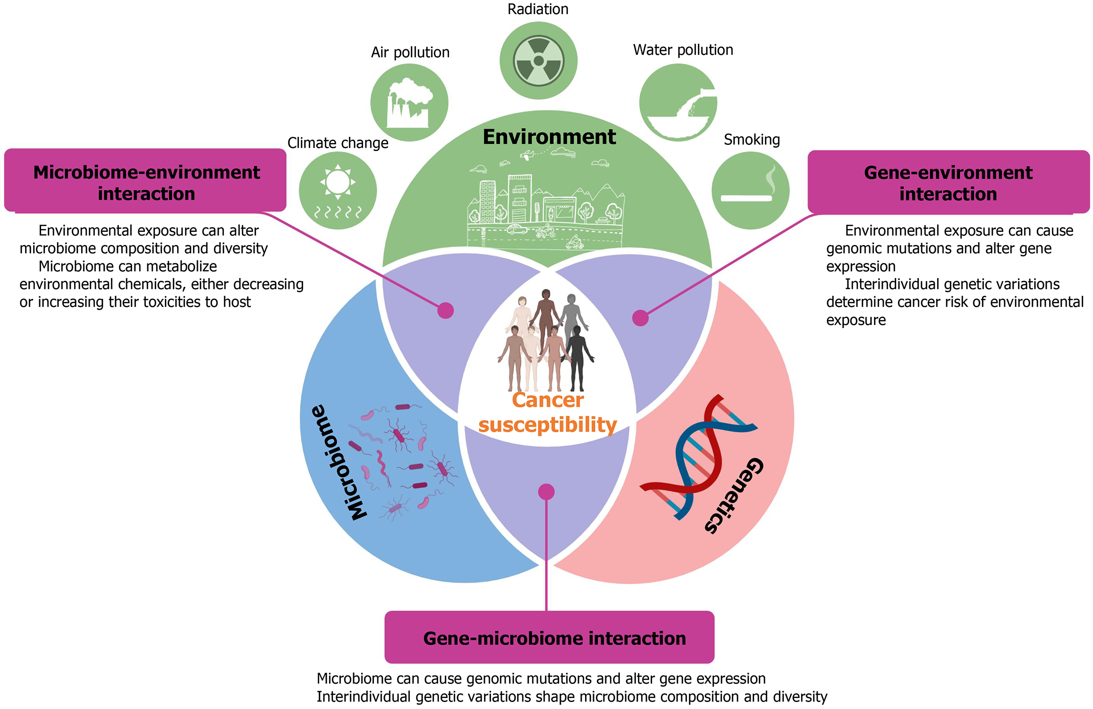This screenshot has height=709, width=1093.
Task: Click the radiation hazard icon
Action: click(538, 60)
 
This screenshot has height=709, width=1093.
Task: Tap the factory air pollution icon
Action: click(409, 102)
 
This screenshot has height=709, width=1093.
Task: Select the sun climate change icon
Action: click(338, 190)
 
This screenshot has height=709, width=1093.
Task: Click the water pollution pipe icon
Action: click(678, 102)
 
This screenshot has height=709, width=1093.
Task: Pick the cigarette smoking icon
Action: click(750, 190)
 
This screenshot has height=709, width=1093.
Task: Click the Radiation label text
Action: click(538, 9)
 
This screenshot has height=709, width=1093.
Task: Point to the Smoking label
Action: click(752, 140)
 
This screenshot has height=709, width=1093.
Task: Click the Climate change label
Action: click(338, 143)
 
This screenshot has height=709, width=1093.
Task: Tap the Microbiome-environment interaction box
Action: click(145, 183)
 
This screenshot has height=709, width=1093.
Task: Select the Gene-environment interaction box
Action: click(948, 183)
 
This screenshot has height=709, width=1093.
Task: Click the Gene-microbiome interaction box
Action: click(549, 638)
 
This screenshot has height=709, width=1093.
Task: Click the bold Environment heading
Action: click(549, 137)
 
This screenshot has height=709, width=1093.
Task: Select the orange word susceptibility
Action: click(548, 425)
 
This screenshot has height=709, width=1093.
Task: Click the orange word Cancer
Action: click(548, 400)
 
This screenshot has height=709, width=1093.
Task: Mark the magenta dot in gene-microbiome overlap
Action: click(546, 492)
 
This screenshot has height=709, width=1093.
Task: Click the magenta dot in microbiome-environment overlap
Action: click(445, 311)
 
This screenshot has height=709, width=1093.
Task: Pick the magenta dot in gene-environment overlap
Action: click(640, 318)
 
